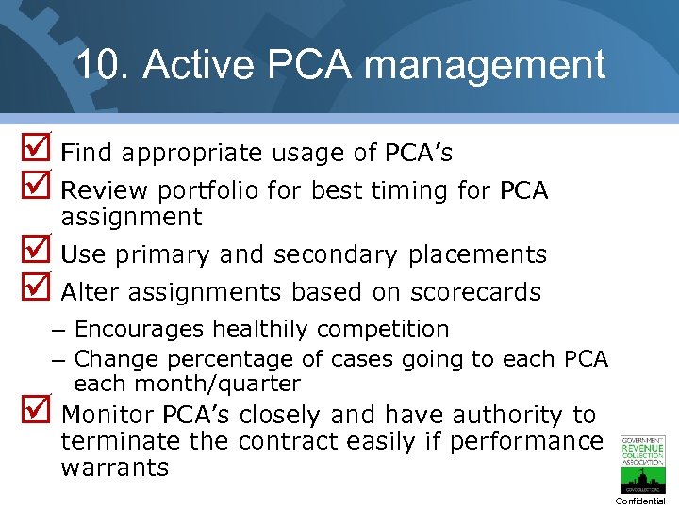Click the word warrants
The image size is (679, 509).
tap(114, 468)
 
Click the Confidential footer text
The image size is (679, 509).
tap(640, 501)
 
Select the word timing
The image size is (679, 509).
tap(409, 190)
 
